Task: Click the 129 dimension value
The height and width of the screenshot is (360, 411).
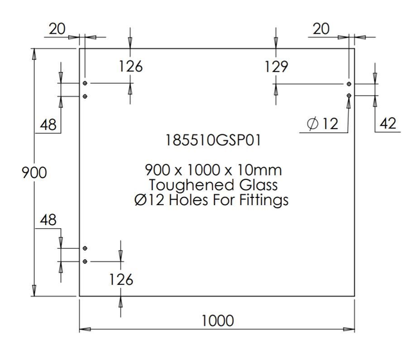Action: click(x=275, y=66)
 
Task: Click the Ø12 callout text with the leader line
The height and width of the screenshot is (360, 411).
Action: click(x=322, y=124)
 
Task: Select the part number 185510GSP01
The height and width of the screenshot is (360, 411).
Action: click(x=214, y=139)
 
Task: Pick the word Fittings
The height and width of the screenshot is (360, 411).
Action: click(x=264, y=200)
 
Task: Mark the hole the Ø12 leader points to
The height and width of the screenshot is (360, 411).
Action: click(x=349, y=96)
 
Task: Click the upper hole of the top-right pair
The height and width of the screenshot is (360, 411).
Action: click(x=349, y=84)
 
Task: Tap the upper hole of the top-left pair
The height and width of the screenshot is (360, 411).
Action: click(x=85, y=84)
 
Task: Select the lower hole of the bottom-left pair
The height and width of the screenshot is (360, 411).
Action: click(x=85, y=261)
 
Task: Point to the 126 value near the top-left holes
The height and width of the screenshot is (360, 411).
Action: click(x=130, y=66)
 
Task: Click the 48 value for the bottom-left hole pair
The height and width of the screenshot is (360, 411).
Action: click(x=48, y=220)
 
